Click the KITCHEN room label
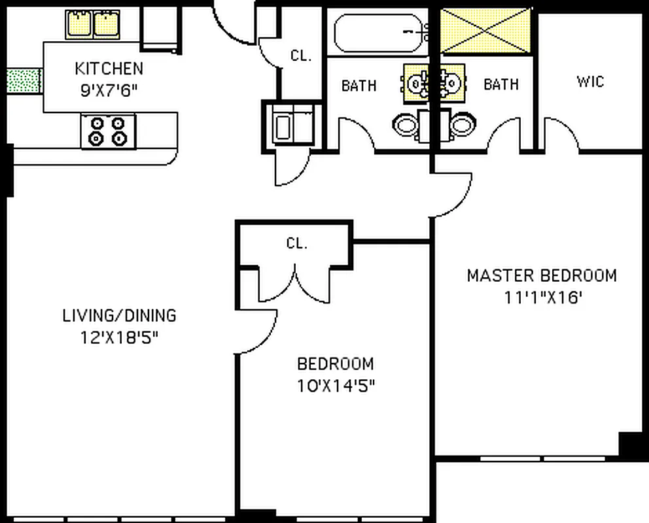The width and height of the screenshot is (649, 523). [x=109, y=68]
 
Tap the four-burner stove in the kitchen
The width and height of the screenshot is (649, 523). [x=108, y=130]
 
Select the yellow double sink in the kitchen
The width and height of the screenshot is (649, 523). [x=92, y=25]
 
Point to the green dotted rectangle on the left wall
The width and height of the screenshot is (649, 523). [x=23, y=81]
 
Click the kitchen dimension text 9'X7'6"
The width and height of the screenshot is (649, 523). [x=110, y=91]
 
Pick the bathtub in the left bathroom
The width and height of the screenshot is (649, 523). [x=380, y=32]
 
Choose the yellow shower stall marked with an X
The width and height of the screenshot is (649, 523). [x=485, y=31]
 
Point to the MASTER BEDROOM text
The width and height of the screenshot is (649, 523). [x=541, y=275]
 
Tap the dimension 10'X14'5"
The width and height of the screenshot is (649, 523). [x=336, y=386]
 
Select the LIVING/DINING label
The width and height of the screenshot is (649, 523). [x=119, y=316]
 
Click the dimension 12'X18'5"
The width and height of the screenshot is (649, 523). [x=119, y=338]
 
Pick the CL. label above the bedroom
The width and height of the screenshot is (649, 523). [x=296, y=244]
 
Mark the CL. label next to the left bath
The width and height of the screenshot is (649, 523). [x=301, y=56]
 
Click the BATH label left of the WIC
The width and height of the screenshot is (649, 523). [x=500, y=84]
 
